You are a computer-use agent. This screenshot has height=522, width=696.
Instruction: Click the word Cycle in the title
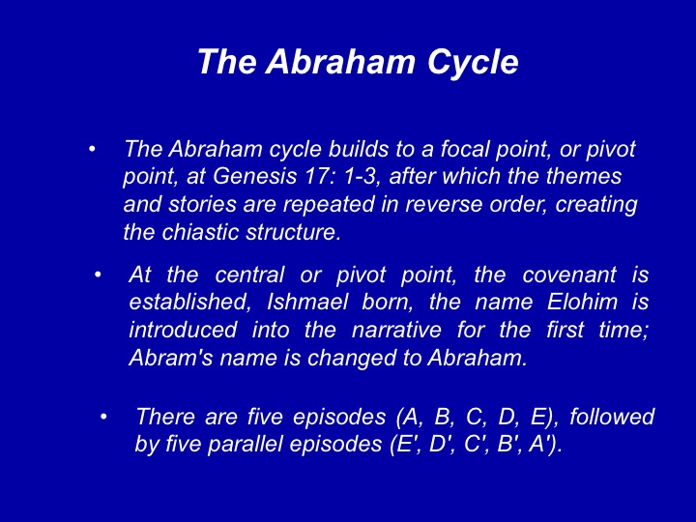[x=473, y=62]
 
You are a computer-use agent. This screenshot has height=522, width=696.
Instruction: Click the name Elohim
[x=582, y=302]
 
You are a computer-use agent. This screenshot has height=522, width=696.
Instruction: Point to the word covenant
[x=569, y=275]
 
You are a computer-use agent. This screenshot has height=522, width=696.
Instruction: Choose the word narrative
[x=396, y=330]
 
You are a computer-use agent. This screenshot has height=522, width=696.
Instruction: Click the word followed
[x=612, y=417]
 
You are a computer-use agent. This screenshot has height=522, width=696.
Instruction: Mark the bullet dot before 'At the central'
[x=98, y=275]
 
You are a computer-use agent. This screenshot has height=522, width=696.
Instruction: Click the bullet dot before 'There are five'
[x=103, y=417]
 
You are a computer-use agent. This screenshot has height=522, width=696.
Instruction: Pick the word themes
[x=584, y=176]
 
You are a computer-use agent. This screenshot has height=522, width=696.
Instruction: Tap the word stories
[x=202, y=204]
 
